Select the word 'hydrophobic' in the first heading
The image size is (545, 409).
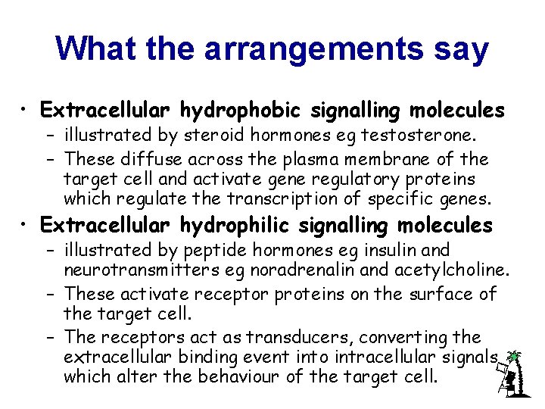(241, 111)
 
